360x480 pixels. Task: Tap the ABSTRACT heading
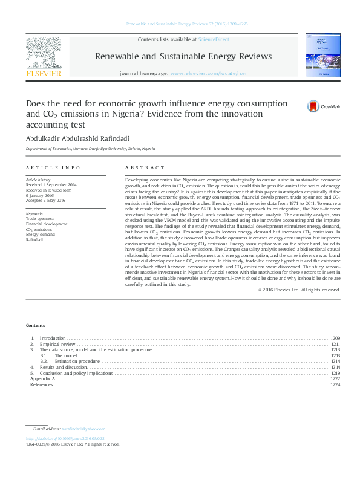(x=145, y=167)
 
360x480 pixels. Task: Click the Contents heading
(x=35, y=325)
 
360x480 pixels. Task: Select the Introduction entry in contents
(x=52, y=338)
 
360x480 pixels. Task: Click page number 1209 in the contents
(x=335, y=338)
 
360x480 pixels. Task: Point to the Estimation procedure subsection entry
(x=77, y=362)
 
